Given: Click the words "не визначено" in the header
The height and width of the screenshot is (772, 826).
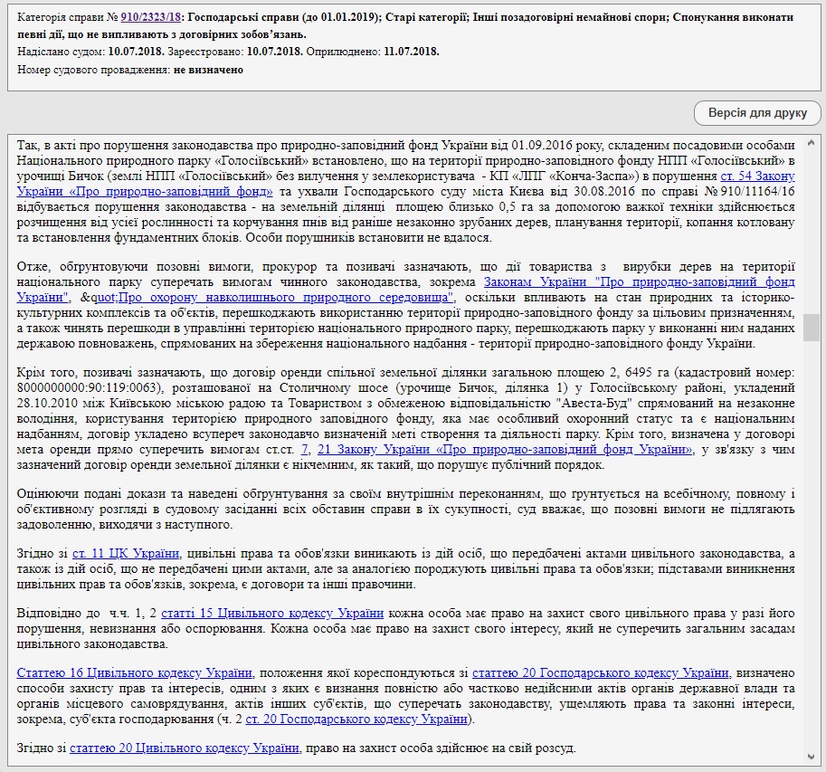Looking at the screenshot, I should coord(195,70).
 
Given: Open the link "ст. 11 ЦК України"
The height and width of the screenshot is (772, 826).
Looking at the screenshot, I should coord(126,553).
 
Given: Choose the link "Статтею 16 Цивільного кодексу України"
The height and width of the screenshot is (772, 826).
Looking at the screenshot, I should coord(135,672).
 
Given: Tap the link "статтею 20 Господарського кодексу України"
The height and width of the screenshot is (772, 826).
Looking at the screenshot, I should coord(601,672).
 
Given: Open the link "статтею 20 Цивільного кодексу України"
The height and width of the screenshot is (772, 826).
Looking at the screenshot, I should coord(184,748).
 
